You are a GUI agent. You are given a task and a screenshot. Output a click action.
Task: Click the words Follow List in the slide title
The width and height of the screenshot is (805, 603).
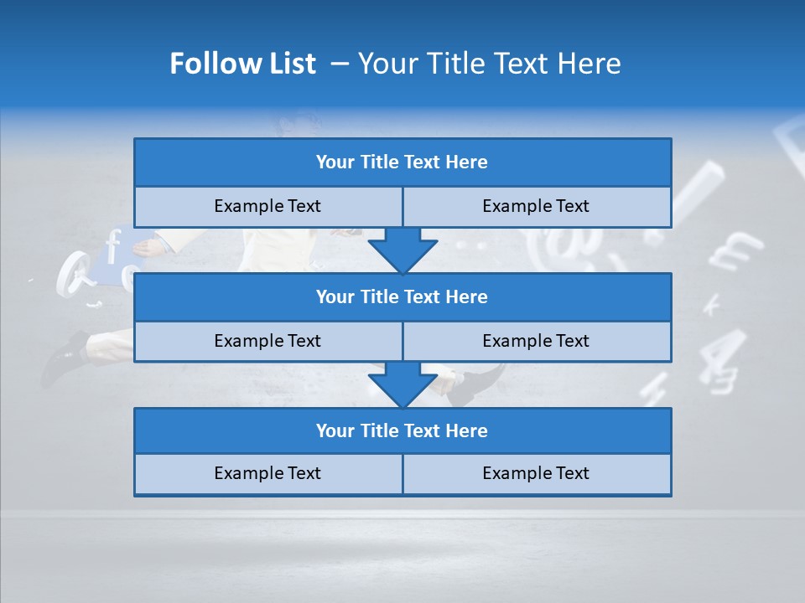coord(242,64)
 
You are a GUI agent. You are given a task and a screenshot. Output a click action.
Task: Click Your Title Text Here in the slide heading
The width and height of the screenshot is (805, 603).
coord(489,64)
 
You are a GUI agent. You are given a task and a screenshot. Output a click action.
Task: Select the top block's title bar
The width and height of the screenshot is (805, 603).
coord(402,162)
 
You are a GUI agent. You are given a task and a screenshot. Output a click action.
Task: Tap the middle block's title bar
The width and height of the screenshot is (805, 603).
coord(402,296)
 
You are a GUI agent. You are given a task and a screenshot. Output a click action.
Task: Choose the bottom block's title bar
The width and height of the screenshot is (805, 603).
coord(402,430)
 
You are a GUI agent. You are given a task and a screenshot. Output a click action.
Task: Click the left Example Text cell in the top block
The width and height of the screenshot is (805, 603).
coord(268,206)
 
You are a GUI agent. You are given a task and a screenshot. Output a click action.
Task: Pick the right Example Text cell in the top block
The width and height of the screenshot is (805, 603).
coord(537,206)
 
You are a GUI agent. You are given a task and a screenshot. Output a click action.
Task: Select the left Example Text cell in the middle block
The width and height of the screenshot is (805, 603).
coord(268,341)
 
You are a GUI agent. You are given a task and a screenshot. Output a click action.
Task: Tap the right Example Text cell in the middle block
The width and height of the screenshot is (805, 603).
coord(537,341)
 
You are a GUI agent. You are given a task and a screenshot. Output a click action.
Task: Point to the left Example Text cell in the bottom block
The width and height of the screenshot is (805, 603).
coord(268,473)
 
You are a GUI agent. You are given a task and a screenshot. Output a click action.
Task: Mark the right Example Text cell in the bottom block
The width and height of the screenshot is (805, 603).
coord(537,473)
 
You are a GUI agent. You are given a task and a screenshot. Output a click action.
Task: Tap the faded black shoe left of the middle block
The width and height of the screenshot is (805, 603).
coord(67,356)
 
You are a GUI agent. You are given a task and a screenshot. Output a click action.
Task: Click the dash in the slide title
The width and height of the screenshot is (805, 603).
coord(340,64)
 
